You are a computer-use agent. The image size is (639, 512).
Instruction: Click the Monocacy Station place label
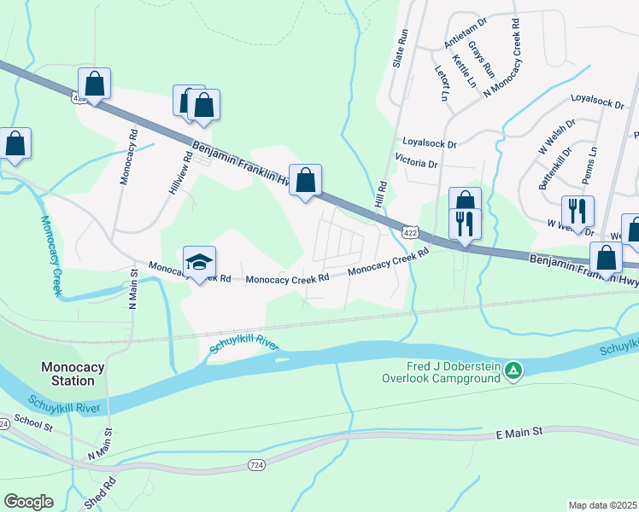pos(73,374)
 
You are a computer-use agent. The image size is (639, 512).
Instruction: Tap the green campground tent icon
pos(513,370)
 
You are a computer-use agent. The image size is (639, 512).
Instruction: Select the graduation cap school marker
pos(199,262)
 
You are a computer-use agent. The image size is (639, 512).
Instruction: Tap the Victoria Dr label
pos(416,162)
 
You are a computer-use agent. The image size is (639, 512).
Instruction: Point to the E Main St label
pos(519,433)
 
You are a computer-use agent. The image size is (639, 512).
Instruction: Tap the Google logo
pos(28,502)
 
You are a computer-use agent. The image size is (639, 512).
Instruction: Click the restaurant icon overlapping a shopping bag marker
pos(465,224)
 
